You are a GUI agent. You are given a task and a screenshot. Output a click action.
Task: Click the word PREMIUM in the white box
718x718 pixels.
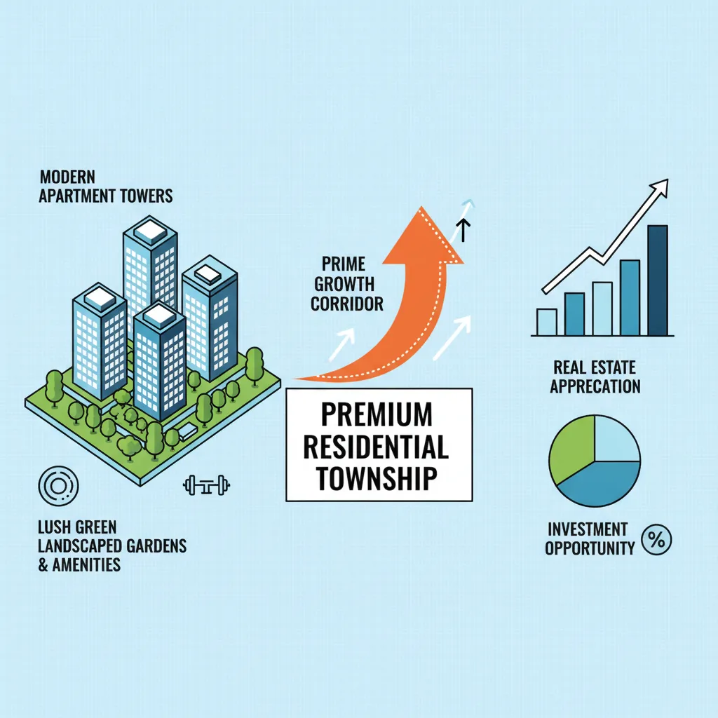pyautogui.click(x=377, y=414)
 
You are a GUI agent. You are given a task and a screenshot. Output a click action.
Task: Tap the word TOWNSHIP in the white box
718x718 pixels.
pyautogui.click(x=377, y=478)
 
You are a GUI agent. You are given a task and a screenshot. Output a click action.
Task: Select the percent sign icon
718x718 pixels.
pyautogui.click(x=656, y=540)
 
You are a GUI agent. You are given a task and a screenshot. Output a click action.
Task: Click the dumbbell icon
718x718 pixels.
pyautogui.click(x=207, y=485)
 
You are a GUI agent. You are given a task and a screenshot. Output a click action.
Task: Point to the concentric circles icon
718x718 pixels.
pyautogui.click(x=58, y=486)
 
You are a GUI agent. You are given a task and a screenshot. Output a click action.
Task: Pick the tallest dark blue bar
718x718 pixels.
pyautogui.click(x=658, y=280)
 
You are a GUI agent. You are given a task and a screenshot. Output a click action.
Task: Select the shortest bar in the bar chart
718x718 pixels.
pyautogui.click(x=547, y=322)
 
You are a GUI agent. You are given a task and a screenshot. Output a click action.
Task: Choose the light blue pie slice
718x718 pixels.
pyautogui.click(x=616, y=439)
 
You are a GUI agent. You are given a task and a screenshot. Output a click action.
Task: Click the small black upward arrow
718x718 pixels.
pyautogui.click(x=463, y=230)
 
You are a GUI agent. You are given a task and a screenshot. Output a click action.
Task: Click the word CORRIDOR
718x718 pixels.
pyautogui.click(x=347, y=304)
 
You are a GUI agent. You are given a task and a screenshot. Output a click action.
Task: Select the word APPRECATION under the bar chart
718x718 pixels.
pyautogui.click(x=595, y=386)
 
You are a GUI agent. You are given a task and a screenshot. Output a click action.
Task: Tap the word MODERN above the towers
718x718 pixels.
pyautogui.click(x=68, y=177)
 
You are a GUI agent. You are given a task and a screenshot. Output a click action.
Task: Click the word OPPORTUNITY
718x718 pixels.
pyautogui.click(x=590, y=548)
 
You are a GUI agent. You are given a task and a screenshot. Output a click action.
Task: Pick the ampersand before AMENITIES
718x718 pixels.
pyautogui.click(x=43, y=565)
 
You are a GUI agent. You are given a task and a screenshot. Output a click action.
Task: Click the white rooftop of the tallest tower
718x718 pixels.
pyautogui.click(x=151, y=231)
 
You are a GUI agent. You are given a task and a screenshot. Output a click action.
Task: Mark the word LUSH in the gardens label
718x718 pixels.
pyautogui.click(x=52, y=527)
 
